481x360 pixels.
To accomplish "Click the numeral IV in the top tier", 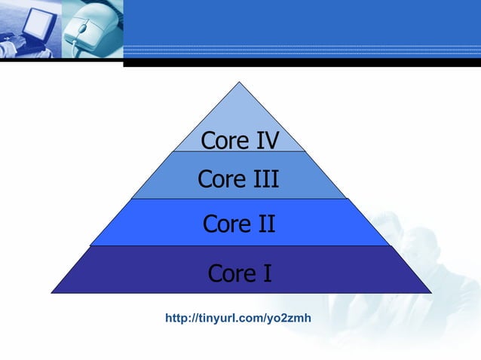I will [263, 141].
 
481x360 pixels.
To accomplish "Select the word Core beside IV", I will [222, 141].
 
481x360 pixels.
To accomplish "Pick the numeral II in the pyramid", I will [262, 224].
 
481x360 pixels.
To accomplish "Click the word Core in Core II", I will [224, 224].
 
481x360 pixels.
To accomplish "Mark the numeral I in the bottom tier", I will [265, 273].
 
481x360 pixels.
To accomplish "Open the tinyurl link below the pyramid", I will [238, 319].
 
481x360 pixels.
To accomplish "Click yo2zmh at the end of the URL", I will [289, 319].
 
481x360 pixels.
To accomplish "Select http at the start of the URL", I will [176, 319].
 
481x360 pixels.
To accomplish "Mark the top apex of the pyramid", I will [240, 83].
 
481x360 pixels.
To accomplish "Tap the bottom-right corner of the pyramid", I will [430, 292].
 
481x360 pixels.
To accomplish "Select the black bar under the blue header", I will [302, 63].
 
